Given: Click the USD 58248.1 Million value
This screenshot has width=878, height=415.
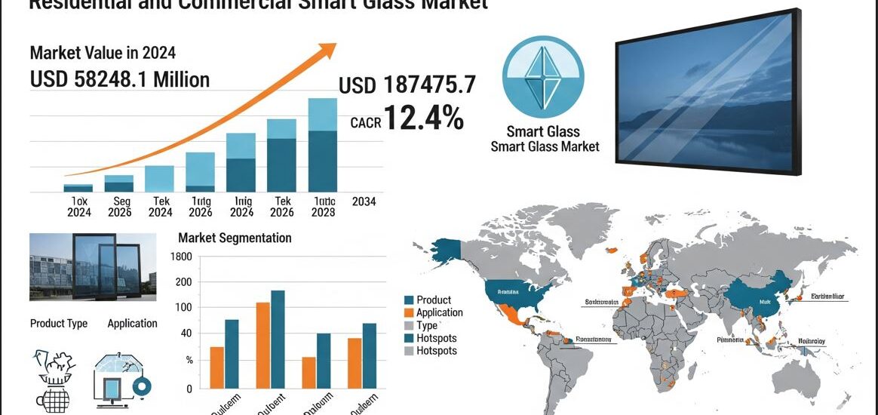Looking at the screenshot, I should (x=120, y=79).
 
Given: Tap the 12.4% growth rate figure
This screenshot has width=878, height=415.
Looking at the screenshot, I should (x=423, y=118).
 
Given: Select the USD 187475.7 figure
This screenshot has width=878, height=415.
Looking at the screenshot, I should (x=407, y=85).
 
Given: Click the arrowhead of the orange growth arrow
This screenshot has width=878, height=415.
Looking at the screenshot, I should (x=330, y=50).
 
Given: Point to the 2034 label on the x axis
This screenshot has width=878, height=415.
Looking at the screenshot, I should (x=364, y=201).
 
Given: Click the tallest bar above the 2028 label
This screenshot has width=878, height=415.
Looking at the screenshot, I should (x=322, y=144).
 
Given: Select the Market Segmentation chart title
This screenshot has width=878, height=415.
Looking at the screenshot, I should (x=235, y=238).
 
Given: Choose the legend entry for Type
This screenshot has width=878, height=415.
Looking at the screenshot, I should (x=427, y=325).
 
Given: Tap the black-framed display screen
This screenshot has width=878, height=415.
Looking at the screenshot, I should (x=707, y=92).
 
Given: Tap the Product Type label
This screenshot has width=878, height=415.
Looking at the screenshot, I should (x=59, y=324).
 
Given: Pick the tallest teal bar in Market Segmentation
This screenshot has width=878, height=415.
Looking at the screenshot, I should (x=278, y=339).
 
